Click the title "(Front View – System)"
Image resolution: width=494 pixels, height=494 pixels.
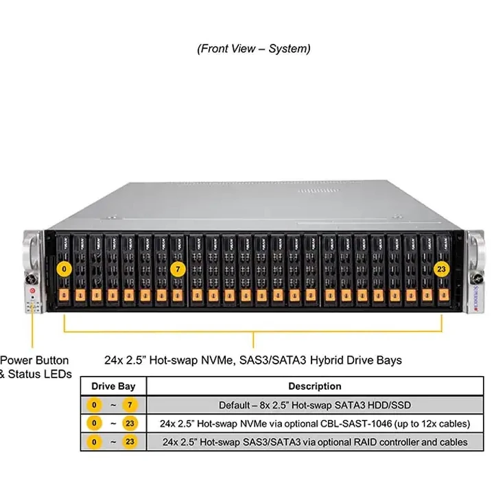point(253,49)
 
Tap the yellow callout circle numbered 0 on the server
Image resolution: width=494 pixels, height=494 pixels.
point(64,269)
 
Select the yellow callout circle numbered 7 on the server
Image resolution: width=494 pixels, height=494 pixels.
point(178,269)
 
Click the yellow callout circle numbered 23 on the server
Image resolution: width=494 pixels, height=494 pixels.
point(441,269)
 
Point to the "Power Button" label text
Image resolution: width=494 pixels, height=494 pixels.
point(34,360)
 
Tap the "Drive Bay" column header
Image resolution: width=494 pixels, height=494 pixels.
point(113,386)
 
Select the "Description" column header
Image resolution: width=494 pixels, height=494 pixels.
point(315,386)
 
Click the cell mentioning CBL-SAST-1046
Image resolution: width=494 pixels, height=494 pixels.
point(315,423)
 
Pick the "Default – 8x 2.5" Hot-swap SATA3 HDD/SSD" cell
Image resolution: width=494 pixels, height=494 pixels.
point(315,405)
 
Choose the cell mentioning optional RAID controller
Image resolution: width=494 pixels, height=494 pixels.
point(315,443)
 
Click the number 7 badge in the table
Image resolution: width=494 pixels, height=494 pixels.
point(129,405)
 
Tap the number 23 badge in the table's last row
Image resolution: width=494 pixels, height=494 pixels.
point(129,443)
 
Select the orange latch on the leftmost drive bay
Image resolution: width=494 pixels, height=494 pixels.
point(64,296)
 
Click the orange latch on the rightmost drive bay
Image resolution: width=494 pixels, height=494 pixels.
point(443,296)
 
